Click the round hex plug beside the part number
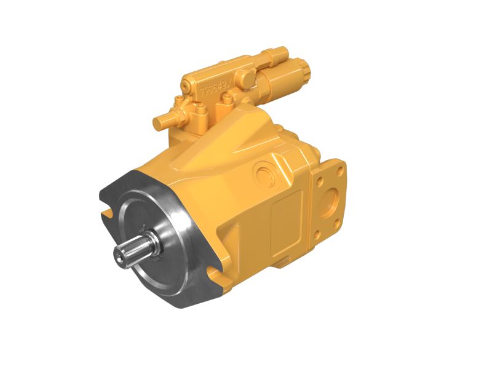(243, 77)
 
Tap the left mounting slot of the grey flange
(106, 213)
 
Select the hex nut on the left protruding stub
(178, 114)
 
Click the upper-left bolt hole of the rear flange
(319, 180)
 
